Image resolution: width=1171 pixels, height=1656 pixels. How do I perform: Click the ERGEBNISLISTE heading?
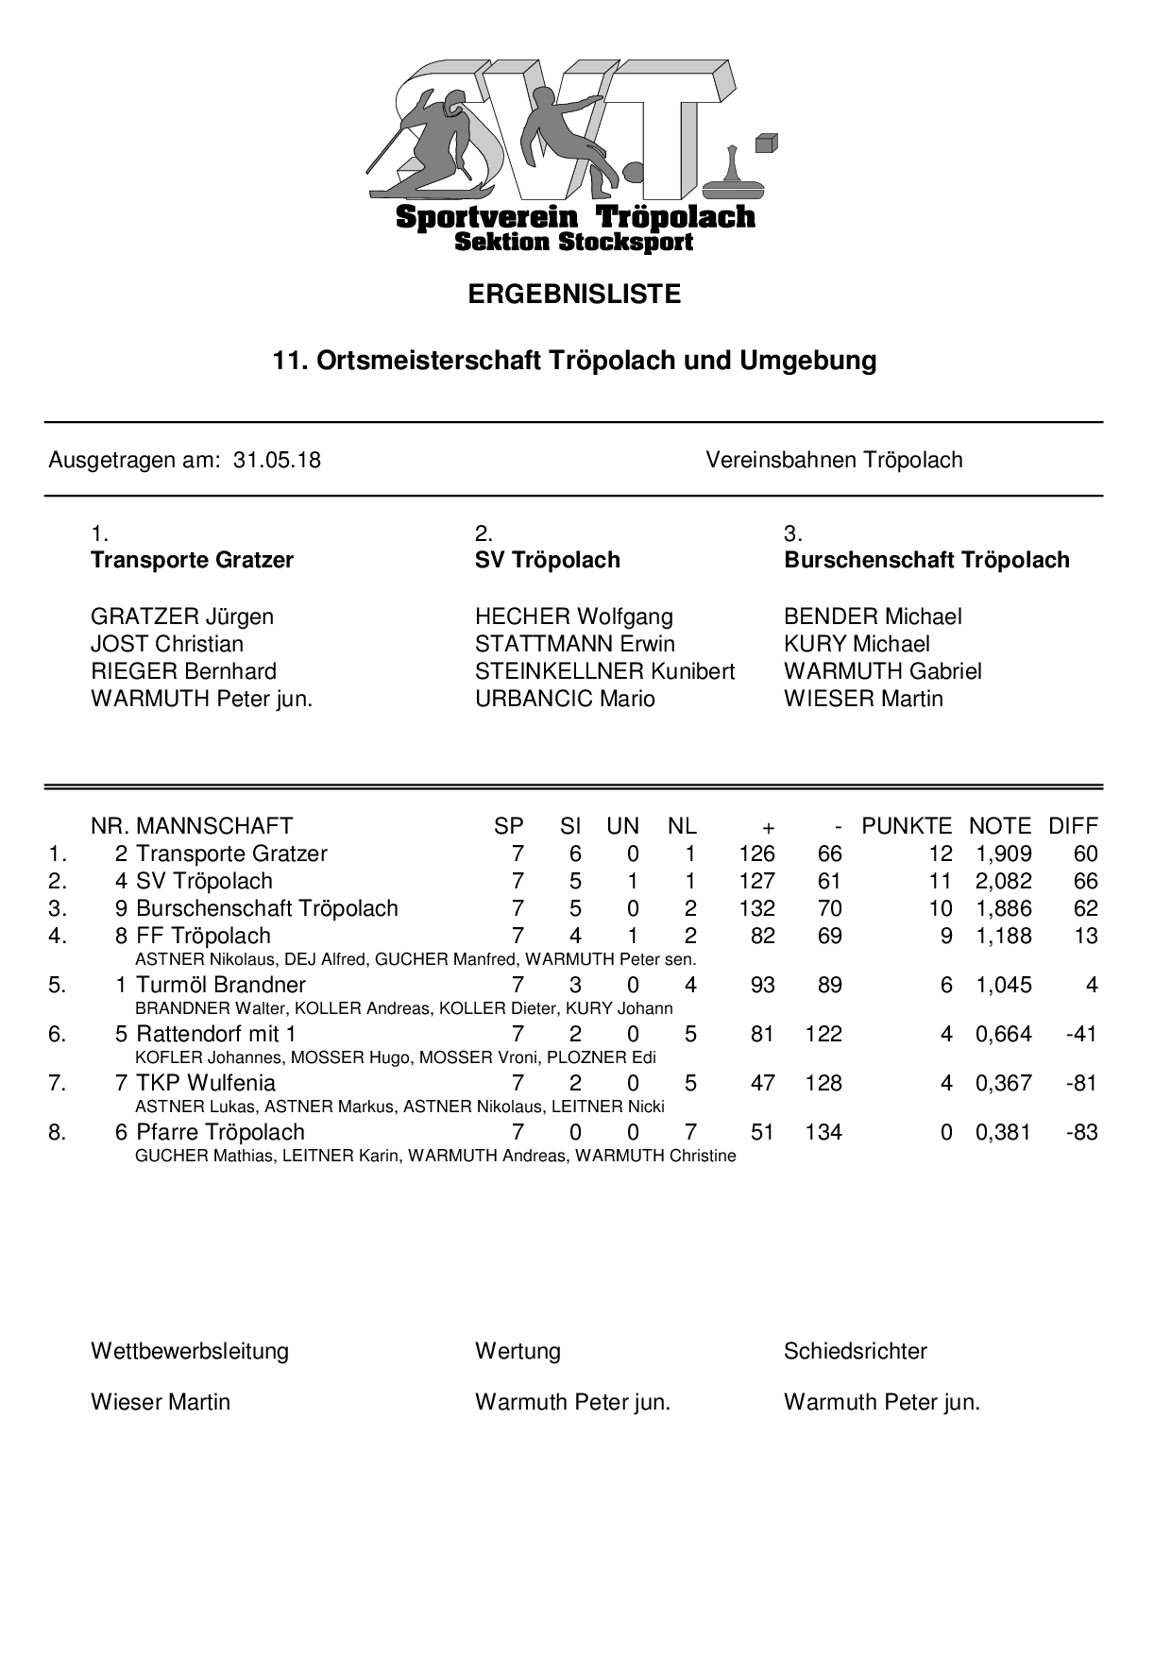point(574,295)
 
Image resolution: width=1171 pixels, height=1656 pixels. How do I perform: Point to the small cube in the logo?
point(766,143)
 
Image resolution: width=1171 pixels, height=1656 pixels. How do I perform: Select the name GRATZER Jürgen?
point(182,617)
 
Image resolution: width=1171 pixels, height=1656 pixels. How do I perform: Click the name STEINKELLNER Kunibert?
point(604,672)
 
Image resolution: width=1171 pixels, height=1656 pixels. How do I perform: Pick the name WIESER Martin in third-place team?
point(863,700)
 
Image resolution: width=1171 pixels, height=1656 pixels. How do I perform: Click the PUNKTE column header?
point(907,827)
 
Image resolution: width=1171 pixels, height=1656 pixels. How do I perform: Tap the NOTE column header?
point(1000,827)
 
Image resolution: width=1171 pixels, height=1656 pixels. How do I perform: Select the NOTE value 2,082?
point(1003,882)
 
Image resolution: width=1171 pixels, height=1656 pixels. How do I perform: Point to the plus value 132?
point(757,909)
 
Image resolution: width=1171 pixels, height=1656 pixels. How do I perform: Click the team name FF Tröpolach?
point(203,937)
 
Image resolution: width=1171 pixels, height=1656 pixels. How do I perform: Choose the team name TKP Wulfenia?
point(206,1084)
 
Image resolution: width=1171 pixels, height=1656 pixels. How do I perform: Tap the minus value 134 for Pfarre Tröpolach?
point(823,1133)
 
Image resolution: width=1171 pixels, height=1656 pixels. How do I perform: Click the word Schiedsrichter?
point(855,1352)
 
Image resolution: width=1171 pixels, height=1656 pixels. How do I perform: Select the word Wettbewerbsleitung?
point(190,1352)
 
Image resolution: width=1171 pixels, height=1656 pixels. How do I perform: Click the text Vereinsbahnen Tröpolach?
point(834,461)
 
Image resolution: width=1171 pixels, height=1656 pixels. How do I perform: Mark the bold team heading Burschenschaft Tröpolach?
point(926,561)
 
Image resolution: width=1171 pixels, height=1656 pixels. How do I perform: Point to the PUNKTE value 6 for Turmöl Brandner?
point(946,986)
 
